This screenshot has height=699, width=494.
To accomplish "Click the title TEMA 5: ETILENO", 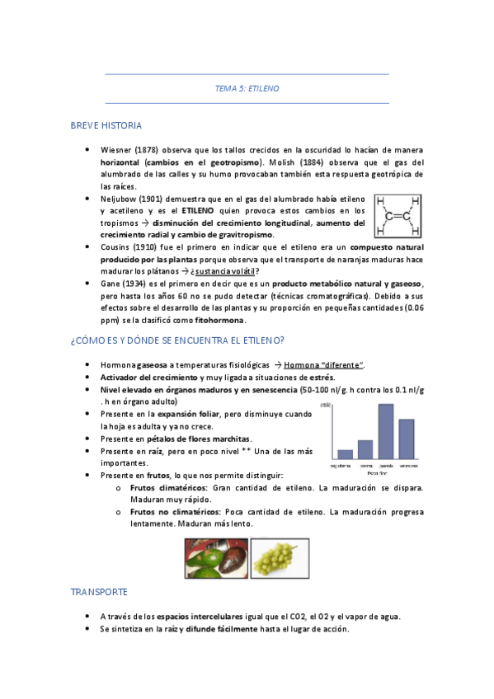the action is (247, 89).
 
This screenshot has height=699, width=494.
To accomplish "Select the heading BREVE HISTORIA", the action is (106, 125).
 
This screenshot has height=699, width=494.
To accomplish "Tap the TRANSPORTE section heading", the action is (99, 592).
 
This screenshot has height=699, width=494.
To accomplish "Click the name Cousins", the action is (117, 247).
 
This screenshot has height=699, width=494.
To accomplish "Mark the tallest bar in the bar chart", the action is (385, 430).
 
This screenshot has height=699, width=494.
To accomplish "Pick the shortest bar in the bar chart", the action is (345, 453).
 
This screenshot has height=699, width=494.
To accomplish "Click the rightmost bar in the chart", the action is (406, 439).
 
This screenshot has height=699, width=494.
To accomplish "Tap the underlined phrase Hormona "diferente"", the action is (327, 365).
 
